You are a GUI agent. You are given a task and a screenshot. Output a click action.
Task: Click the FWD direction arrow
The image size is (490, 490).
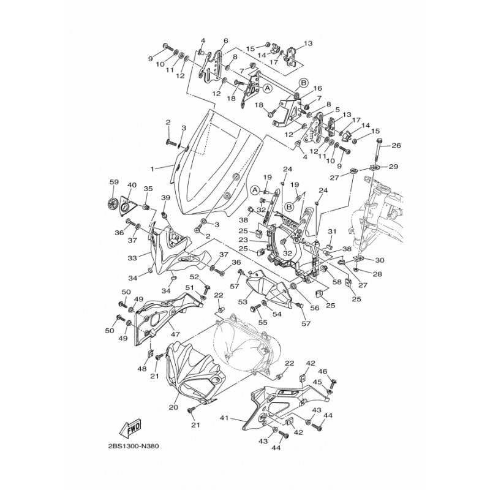(130, 428)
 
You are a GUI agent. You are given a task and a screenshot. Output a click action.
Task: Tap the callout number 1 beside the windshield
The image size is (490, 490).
(152, 169)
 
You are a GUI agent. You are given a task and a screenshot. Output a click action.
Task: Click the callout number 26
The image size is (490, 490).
(396, 146)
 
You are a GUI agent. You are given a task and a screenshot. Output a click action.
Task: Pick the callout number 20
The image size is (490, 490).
(173, 407)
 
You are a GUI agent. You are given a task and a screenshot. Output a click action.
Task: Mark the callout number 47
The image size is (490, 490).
(175, 334)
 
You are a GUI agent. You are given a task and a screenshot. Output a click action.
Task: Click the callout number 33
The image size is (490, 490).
(132, 258)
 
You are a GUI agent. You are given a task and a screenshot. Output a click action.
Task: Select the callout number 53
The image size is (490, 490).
(243, 302)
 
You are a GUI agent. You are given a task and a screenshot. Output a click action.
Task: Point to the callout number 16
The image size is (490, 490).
(317, 88)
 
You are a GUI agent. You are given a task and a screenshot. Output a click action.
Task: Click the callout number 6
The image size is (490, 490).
(226, 40)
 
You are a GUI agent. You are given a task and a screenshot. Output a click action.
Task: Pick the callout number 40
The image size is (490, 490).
(132, 185)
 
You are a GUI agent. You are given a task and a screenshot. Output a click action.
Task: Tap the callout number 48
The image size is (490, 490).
(142, 369)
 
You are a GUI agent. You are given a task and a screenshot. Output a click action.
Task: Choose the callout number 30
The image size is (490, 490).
(380, 260)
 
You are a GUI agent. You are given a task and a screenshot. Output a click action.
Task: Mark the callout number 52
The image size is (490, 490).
(194, 276)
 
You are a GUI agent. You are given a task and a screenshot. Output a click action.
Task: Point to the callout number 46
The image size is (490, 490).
(323, 372)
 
